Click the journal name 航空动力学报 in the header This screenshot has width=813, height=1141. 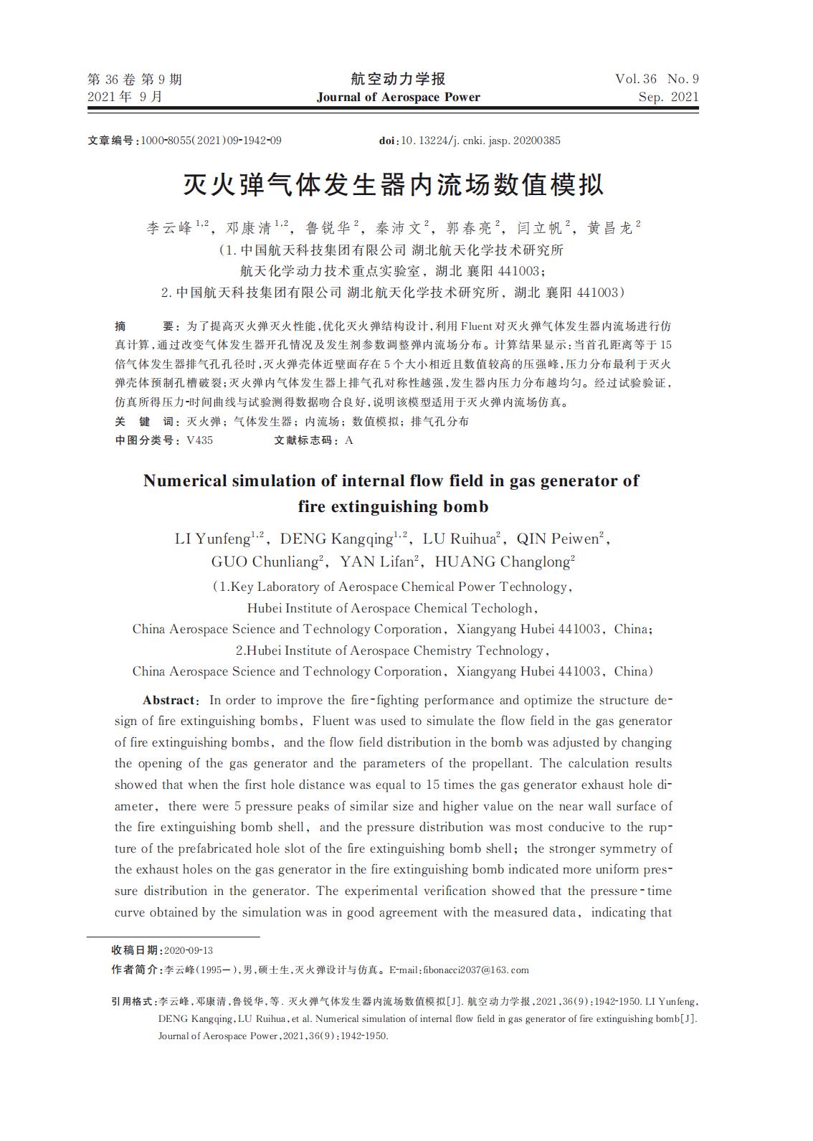tap(398, 79)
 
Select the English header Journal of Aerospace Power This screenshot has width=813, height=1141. tap(398, 97)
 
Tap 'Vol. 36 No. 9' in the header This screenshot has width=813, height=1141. tap(657, 79)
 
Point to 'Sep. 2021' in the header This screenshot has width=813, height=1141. tap(668, 97)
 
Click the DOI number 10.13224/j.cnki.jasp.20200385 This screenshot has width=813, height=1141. tap(480, 141)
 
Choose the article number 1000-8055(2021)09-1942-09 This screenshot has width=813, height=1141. tap(211, 141)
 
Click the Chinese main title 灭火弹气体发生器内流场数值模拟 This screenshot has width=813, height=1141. tap(394, 184)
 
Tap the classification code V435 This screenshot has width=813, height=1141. tap(199, 440)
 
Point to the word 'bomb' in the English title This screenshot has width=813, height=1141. tap(465, 506)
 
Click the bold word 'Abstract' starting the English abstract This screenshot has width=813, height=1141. tap(168, 700)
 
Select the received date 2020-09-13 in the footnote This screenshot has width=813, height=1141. tap(189, 950)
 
